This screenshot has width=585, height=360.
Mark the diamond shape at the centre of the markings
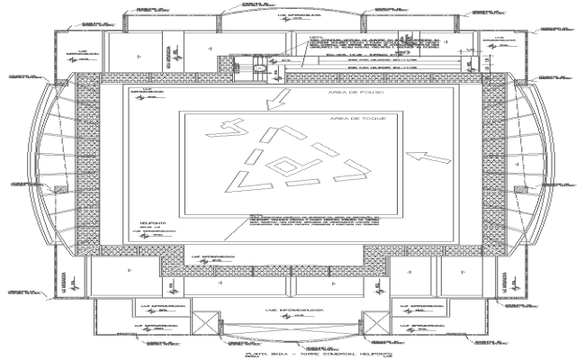click(284, 164)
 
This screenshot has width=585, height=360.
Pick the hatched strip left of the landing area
click(90, 162)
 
